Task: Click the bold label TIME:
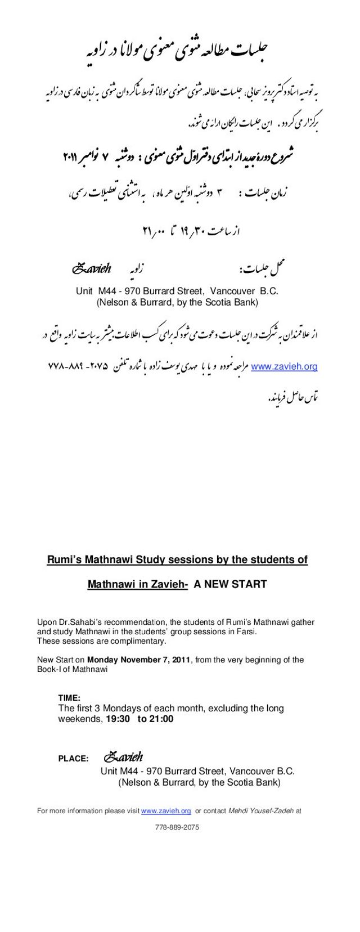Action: (x=69, y=698)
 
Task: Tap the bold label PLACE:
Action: (x=73, y=759)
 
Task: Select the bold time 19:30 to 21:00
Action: (x=139, y=719)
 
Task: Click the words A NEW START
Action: (x=230, y=584)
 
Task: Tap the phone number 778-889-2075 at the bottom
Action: (x=177, y=827)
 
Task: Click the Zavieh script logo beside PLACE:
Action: (x=124, y=757)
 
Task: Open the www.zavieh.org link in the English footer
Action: (x=166, y=811)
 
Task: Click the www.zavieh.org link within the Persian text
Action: (x=284, y=367)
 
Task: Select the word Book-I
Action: (x=50, y=669)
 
